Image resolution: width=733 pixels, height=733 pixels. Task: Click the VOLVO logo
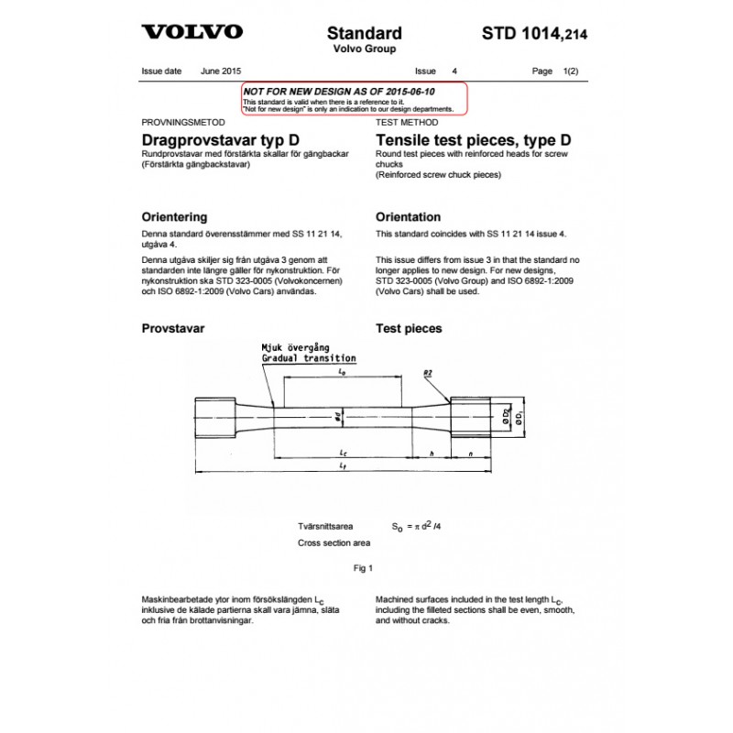[192, 33]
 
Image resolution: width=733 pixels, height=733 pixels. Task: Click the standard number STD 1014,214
[534, 34]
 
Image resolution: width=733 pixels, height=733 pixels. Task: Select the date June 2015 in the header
[220, 71]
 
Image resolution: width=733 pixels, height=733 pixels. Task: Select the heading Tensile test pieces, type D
[474, 140]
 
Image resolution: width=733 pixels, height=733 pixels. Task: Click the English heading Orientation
[409, 217]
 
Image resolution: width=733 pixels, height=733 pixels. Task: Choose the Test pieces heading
[409, 328]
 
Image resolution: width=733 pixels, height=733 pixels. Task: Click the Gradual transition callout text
[309, 358]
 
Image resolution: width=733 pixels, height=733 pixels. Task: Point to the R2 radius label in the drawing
[429, 373]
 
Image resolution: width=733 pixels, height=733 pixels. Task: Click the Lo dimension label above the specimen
[342, 373]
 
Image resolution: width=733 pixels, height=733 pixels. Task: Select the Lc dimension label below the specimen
[342, 453]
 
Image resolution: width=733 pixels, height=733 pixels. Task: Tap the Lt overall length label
[342, 467]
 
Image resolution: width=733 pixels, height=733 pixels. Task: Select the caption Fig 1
[364, 568]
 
